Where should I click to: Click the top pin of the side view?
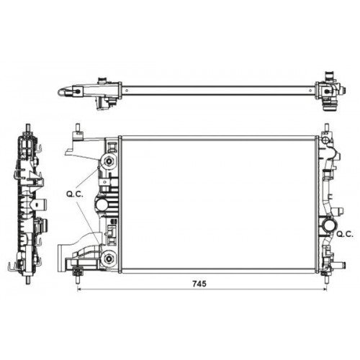[x=27, y=131]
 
